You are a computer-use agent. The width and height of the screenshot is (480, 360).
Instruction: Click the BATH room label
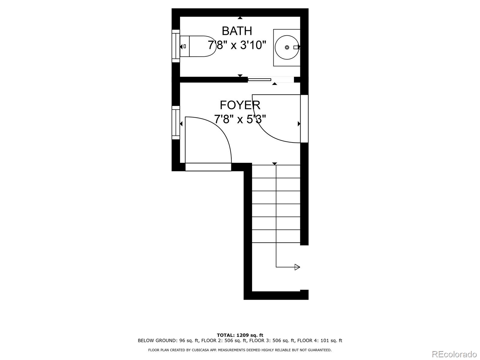(237, 31)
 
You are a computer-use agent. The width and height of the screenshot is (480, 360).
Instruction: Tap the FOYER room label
(240, 105)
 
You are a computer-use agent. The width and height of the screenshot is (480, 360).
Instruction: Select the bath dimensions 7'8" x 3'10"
(237, 45)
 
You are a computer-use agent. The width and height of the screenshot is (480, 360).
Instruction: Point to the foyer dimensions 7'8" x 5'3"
(240, 119)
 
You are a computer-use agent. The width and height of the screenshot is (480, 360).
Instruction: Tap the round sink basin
(286, 47)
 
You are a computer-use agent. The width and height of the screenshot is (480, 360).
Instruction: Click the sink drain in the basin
(287, 47)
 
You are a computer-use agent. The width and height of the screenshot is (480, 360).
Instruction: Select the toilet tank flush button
(184, 46)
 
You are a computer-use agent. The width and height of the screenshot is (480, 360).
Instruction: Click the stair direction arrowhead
(297, 267)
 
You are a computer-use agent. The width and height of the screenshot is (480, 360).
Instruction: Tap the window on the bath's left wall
(175, 46)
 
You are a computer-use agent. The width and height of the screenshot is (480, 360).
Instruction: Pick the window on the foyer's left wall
(175, 123)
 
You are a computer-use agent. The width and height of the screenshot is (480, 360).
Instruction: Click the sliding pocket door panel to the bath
(259, 79)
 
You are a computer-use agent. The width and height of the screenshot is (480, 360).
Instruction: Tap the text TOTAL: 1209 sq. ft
(240, 335)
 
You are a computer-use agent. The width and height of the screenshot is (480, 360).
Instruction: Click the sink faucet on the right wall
(297, 47)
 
